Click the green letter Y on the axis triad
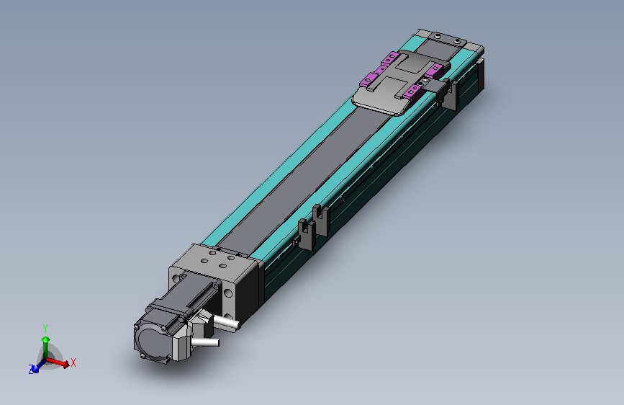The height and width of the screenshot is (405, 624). [x=45, y=329]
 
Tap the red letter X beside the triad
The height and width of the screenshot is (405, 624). [x=73, y=362]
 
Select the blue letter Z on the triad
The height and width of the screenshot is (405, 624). [x=31, y=370]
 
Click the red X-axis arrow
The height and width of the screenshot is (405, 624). [x=58, y=362]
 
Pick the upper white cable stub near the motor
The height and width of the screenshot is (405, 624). [x=226, y=322]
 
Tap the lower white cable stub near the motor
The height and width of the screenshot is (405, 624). [x=205, y=342]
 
